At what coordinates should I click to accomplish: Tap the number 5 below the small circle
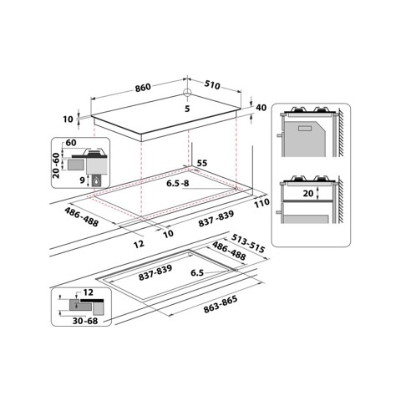[x=188, y=109]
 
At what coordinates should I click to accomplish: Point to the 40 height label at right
[x=261, y=108]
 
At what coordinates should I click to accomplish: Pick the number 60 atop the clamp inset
[x=72, y=143]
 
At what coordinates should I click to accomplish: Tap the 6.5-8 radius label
[x=179, y=183]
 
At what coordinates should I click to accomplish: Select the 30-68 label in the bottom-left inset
[x=85, y=320]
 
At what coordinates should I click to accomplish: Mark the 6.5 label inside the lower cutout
[x=197, y=272]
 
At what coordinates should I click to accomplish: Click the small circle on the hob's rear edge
[x=188, y=93]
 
